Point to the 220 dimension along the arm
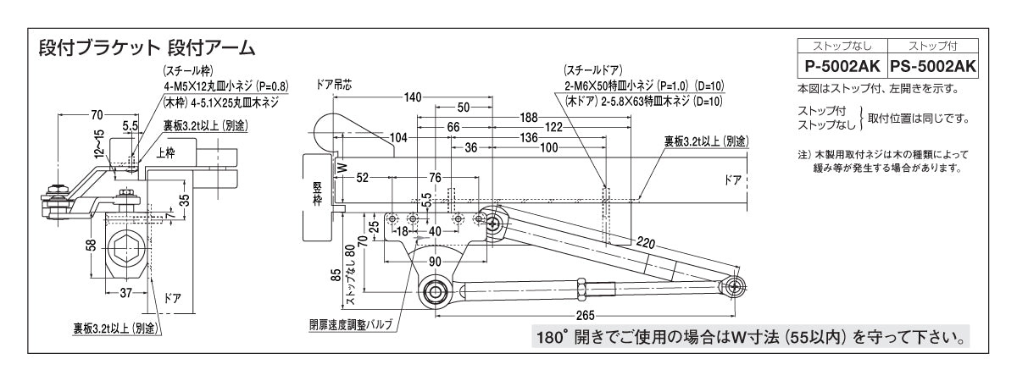(x=646, y=244)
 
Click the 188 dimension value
(x=529, y=117)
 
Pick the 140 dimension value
(x=413, y=97)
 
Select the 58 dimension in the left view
(x=91, y=245)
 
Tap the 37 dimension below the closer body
(x=125, y=293)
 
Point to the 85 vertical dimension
(x=336, y=273)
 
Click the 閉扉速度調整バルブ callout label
(x=351, y=325)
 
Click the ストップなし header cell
(x=840, y=47)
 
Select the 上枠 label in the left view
(x=165, y=155)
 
